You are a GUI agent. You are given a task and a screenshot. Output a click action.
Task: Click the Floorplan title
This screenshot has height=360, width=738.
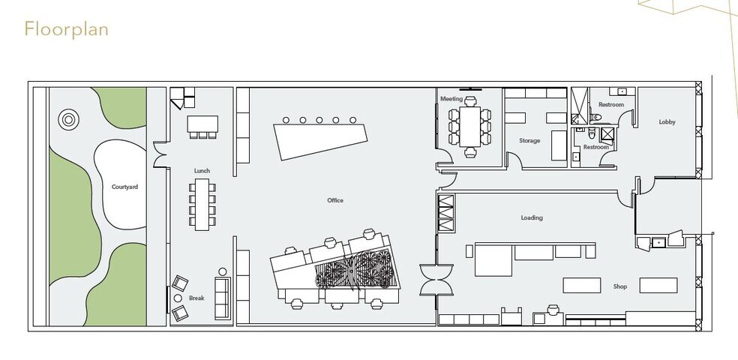pos(67,29)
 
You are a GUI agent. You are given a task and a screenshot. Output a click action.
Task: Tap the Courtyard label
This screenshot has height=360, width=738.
pos(124,187)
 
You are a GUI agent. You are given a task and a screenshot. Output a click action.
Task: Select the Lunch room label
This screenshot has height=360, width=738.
pos(202,171)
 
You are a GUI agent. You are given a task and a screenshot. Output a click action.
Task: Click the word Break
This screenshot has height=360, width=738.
pos(196,298)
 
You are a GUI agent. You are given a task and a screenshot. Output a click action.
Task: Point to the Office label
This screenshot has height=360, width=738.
pos(335,200)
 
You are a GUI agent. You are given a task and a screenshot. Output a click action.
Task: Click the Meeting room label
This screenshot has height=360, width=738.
pos(451,99)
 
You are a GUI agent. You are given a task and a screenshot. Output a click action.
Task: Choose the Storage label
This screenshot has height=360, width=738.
pos(529,141)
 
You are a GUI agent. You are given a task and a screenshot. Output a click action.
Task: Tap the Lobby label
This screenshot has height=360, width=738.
pos(667,121)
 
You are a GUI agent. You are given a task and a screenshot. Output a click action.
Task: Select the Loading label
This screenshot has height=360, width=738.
pos(532,218)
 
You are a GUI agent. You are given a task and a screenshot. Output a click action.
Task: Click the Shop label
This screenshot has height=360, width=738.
pos(620,286)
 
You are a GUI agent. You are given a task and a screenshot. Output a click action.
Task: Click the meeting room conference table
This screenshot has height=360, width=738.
pos(471,127)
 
